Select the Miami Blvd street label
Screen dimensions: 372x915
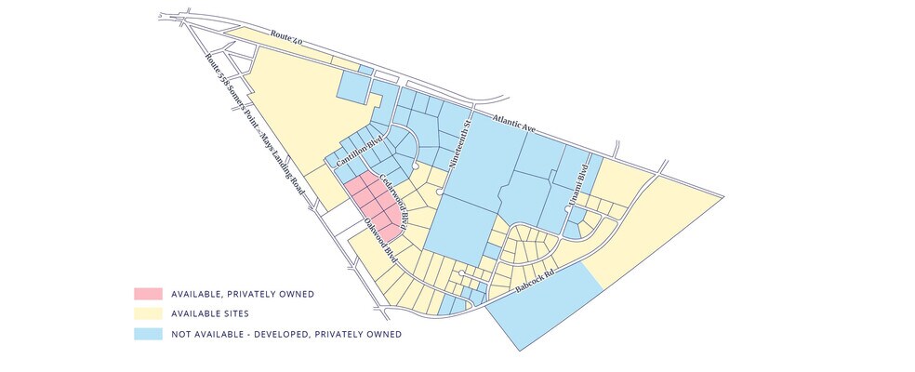[585, 174]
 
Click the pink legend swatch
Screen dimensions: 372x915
[147, 294]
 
